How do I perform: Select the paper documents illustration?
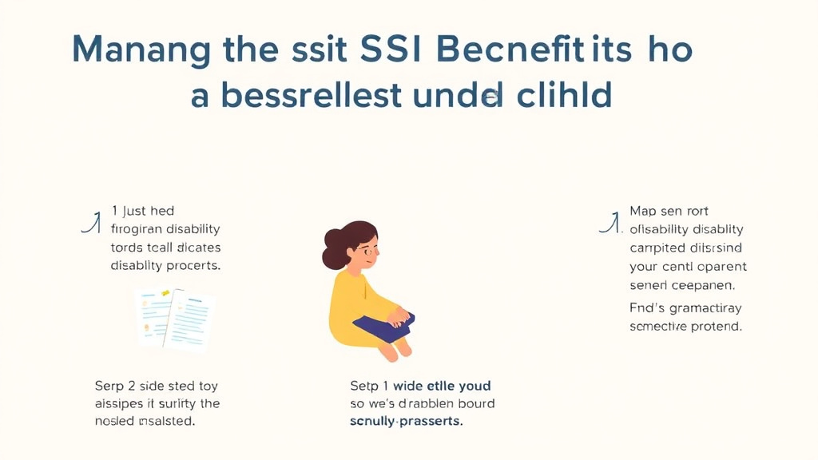tap(176, 319)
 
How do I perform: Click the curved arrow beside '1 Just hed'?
tap(92, 222)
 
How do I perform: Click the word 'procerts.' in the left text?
tap(195, 265)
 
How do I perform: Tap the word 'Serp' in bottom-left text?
tap(109, 386)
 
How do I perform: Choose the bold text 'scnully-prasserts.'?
tap(406, 420)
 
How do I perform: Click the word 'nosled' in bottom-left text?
tap(114, 420)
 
